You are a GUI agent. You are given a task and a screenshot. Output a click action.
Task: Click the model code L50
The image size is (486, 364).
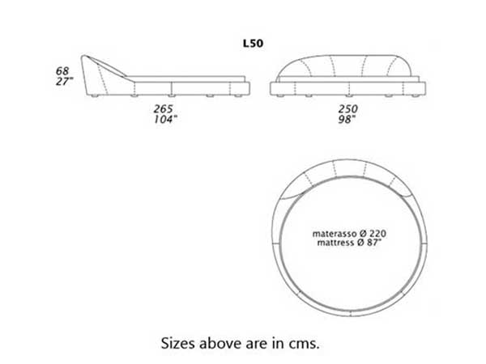point(254,44)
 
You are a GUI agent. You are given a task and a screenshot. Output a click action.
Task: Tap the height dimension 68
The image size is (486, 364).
point(62,71)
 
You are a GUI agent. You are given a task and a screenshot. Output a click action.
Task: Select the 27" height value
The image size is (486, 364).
point(64,82)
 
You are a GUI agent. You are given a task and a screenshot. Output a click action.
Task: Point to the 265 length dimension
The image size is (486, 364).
point(164,109)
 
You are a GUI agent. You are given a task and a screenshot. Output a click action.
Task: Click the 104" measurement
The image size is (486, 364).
point(165,119)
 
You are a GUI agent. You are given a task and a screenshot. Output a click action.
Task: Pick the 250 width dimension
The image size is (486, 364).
point(348,109)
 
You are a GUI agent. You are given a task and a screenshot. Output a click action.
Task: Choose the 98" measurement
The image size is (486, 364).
point(347,119)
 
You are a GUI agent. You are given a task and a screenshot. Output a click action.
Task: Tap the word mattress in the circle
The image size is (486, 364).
point(336,243)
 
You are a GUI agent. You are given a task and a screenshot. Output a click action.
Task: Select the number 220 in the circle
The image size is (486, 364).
point(377,234)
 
